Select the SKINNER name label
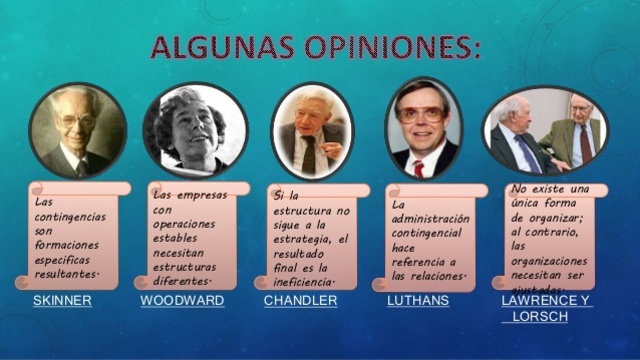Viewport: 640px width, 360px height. (x=62, y=300)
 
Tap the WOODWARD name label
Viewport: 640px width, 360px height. (x=182, y=300)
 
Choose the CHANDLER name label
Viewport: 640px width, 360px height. (x=300, y=300)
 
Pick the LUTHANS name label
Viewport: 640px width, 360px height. (x=417, y=300)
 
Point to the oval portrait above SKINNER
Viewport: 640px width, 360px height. (x=77, y=131)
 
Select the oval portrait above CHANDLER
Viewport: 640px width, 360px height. (x=312, y=131)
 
